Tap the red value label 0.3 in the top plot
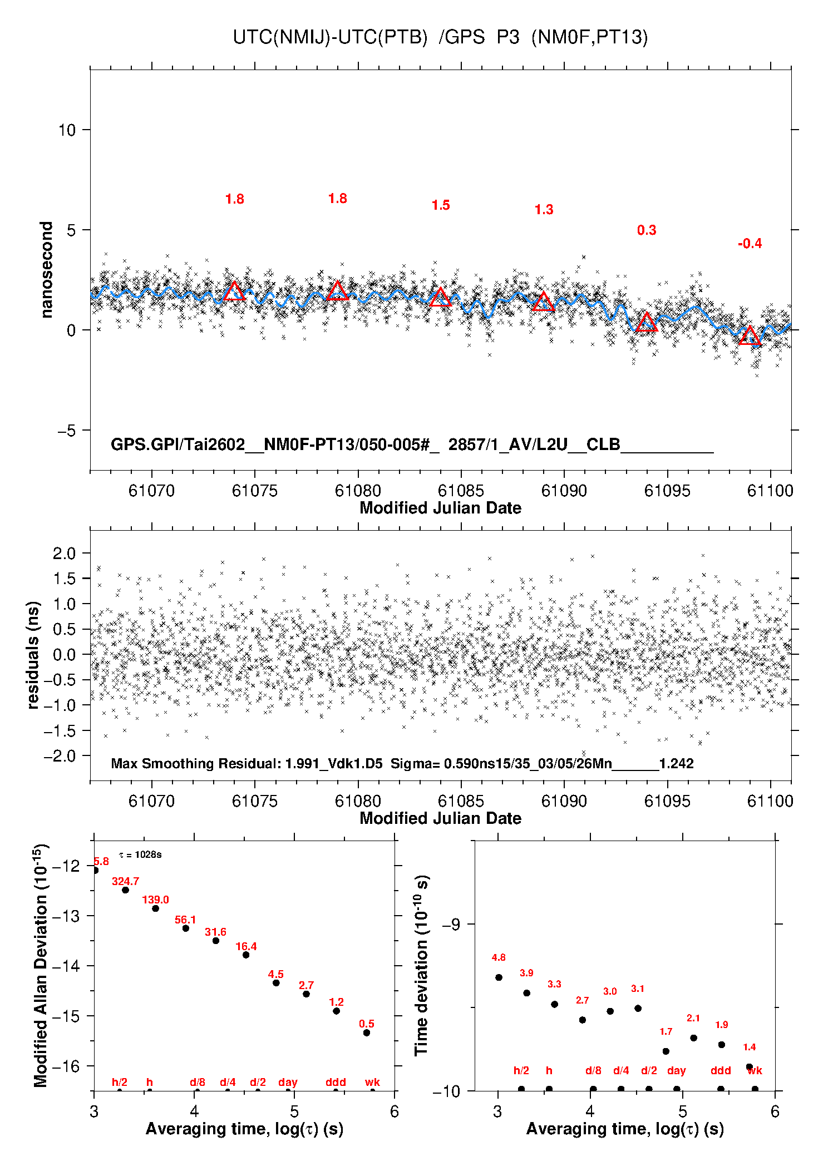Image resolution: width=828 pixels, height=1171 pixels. pyautogui.click(x=647, y=230)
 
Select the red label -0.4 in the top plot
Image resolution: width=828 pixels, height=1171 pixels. pyautogui.click(x=750, y=244)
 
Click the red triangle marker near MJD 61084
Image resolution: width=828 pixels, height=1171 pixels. pyautogui.click(x=441, y=297)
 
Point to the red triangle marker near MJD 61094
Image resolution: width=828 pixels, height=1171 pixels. pyautogui.click(x=647, y=322)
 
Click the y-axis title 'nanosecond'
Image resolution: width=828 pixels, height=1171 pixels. pyautogui.click(x=46, y=270)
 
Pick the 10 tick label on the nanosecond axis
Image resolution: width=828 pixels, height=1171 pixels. pyautogui.click(x=67, y=130)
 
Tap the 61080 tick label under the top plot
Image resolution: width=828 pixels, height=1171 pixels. pyautogui.click(x=358, y=491)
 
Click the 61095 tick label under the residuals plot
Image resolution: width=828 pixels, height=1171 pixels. pyautogui.click(x=667, y=801)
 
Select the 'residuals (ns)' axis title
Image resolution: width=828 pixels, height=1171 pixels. pyautogui.click(x=33, y=655)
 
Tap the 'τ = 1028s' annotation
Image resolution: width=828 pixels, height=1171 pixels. pyautogui.click(x=140, y=854)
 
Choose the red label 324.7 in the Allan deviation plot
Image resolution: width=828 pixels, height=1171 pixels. pyautogui.click(x=125, y=881)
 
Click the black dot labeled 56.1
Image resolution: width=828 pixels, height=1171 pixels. pyautogui.click(x=186, y=928)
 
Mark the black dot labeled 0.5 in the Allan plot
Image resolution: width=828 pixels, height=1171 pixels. pyautogui.click(x=367, y=1032)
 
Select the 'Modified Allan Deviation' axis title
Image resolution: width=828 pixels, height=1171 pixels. pyautogui.click(x=41, y=966)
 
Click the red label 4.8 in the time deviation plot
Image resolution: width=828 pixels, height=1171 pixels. pyautogui.click(x=499, y=957)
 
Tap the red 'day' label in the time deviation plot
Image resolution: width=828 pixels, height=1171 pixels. pyautogui.click(x=676, y=1070)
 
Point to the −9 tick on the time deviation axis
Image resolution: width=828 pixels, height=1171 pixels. pyautogui.click(x=451, y=925)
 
